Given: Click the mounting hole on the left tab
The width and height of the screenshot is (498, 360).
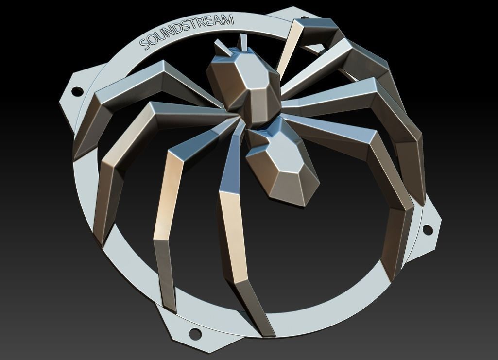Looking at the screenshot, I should [77, 91].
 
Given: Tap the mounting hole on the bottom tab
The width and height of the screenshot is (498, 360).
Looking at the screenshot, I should [194, 333].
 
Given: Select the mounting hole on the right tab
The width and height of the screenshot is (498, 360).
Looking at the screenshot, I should [428, 229].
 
